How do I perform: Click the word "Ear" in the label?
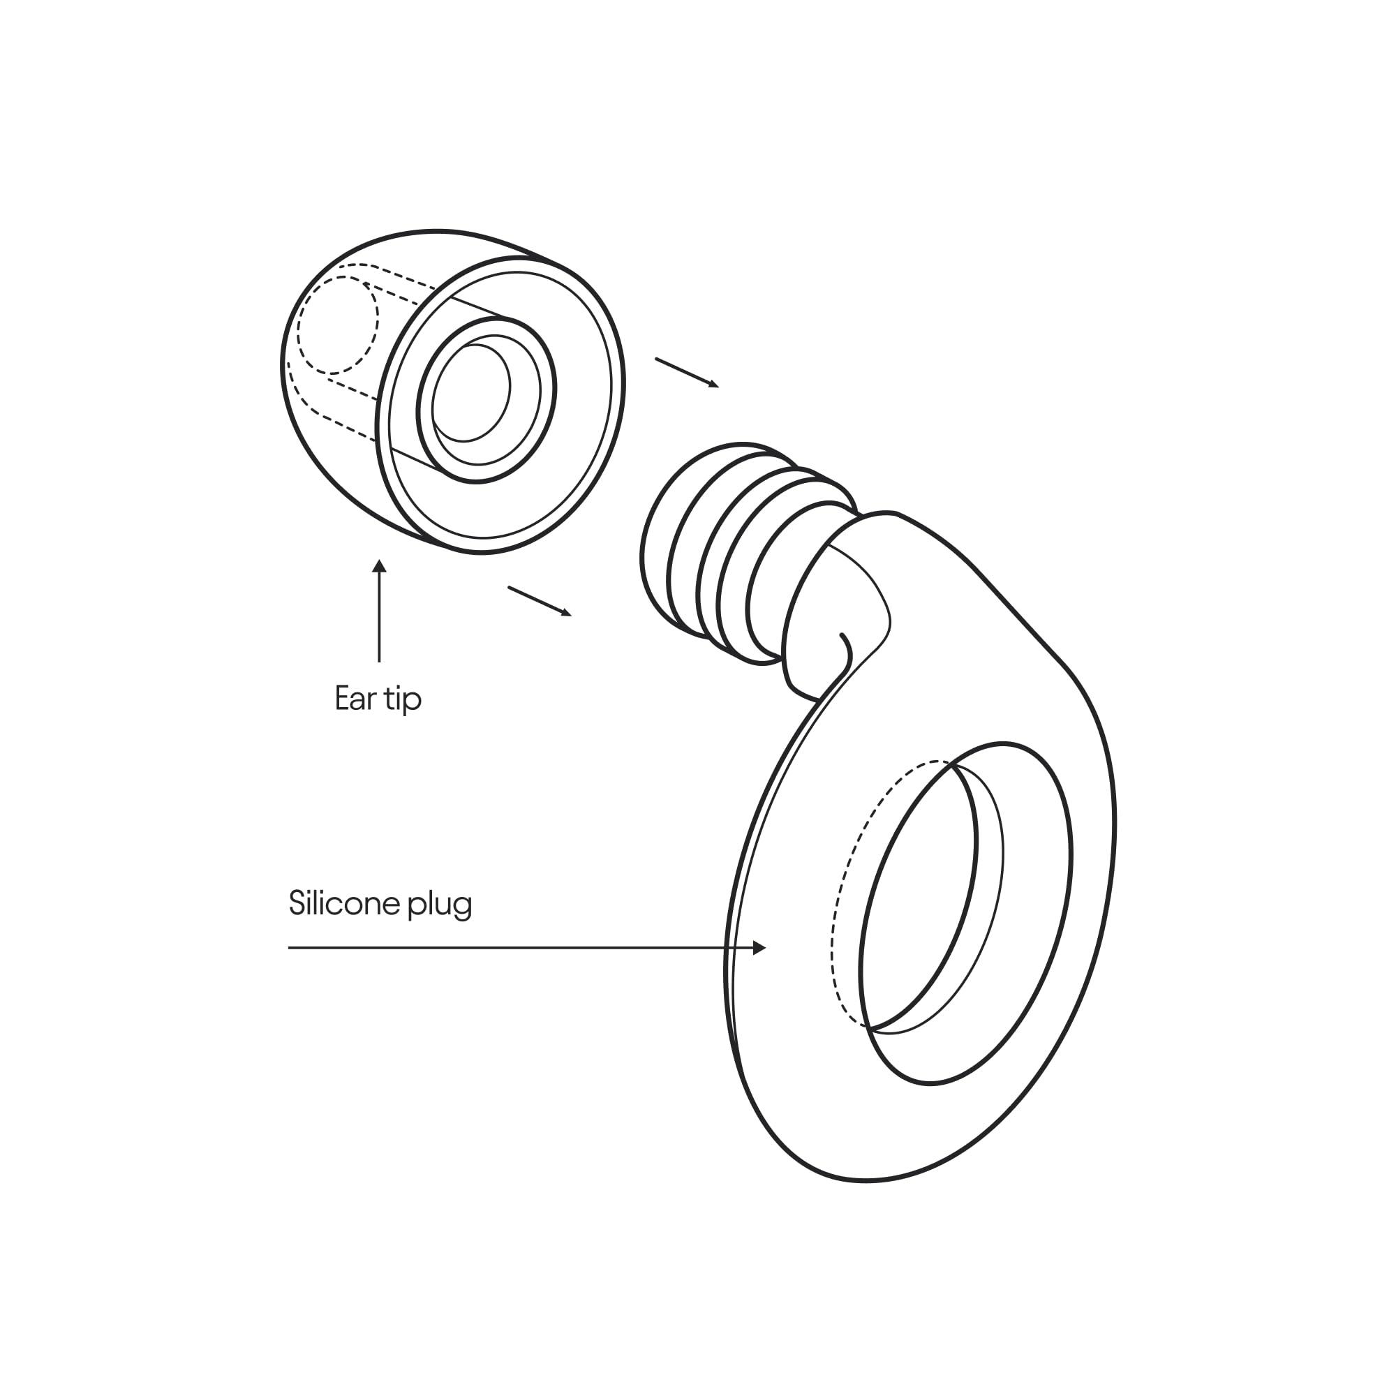(x=355, y=699)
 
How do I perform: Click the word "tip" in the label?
(x=403, y=700)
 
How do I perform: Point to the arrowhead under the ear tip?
(x=379, y=566)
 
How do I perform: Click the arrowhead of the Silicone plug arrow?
(x=759, y=947)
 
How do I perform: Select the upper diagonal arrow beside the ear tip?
(x=687, y=373)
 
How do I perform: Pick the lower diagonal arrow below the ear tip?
(x=540, y=601)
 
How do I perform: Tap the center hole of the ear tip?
(x=471, y=393)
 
